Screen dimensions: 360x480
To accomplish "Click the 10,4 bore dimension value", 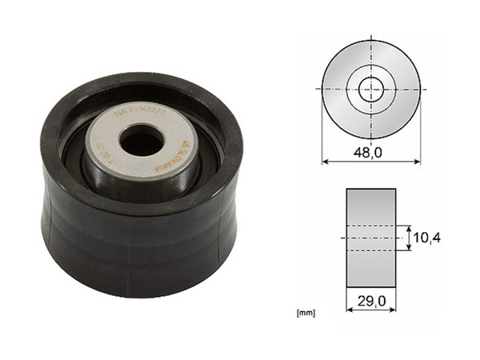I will tap(430, 238).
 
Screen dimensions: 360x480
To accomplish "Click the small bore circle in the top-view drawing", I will tap(370, 89).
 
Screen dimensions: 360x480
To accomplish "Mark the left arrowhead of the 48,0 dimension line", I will tap(325, 161).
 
